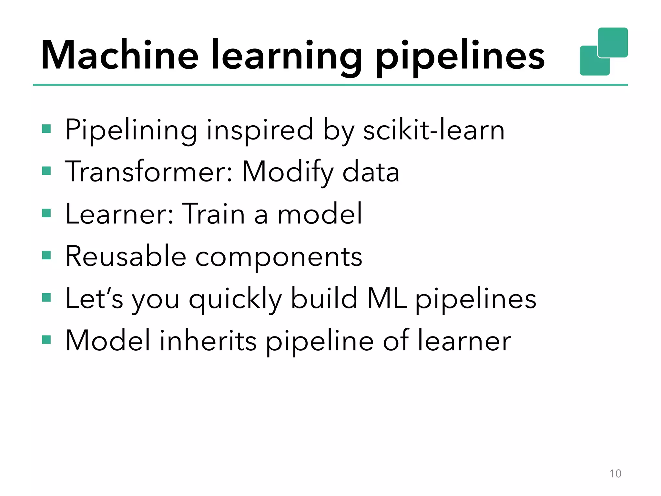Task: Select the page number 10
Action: pyautogui.click(x=615, y=473)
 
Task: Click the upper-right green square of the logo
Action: pyautogui.click(x=613, y=42)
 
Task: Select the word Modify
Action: pyautogui.click(x=288, y=173)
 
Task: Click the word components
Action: pyautogui.click(x=279, y=257)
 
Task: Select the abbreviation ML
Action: pyautogui.click(x=386, y=298)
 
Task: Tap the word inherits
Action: pyautogui.click(x=208, y=340)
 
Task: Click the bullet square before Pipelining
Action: pyautogui.click(x=46, y=129)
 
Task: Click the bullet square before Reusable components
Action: pyautogui.click(x=46, y=255)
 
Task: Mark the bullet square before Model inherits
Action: pyautogui.click(x=46, y=340)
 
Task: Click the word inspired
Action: pyautogui.click(x=260, y=131)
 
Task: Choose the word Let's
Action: pyautogui.click(x=94, y=298)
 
